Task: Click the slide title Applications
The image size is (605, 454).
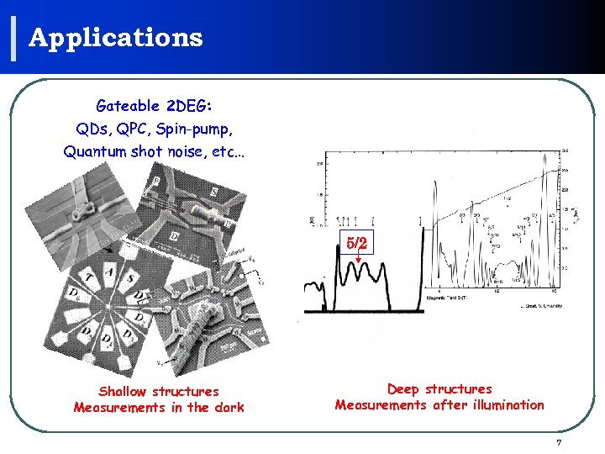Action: [x=116, y=38]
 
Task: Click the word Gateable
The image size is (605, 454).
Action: [x=128, y=106]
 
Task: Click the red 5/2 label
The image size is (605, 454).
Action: [x=357, y=243]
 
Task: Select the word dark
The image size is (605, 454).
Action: [x=228, y=407]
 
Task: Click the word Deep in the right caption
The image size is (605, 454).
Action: [x=404, y=388]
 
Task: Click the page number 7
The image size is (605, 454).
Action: [x=559, y=442]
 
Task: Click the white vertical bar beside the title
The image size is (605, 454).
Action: [x=15, y=38]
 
